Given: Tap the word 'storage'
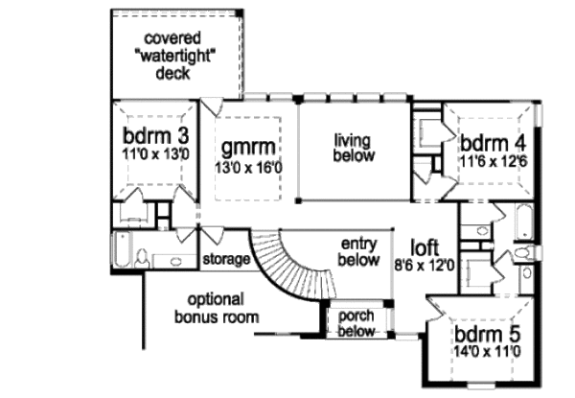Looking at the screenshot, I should pyautogui.click(x=226, y=260).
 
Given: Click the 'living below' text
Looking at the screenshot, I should pyautogui.click(x=354, y=148).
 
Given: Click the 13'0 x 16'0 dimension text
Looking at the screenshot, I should pyautogui.click(x=248, y=167).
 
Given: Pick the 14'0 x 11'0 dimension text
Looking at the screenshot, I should pyautogui.click(x=488, y=353).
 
